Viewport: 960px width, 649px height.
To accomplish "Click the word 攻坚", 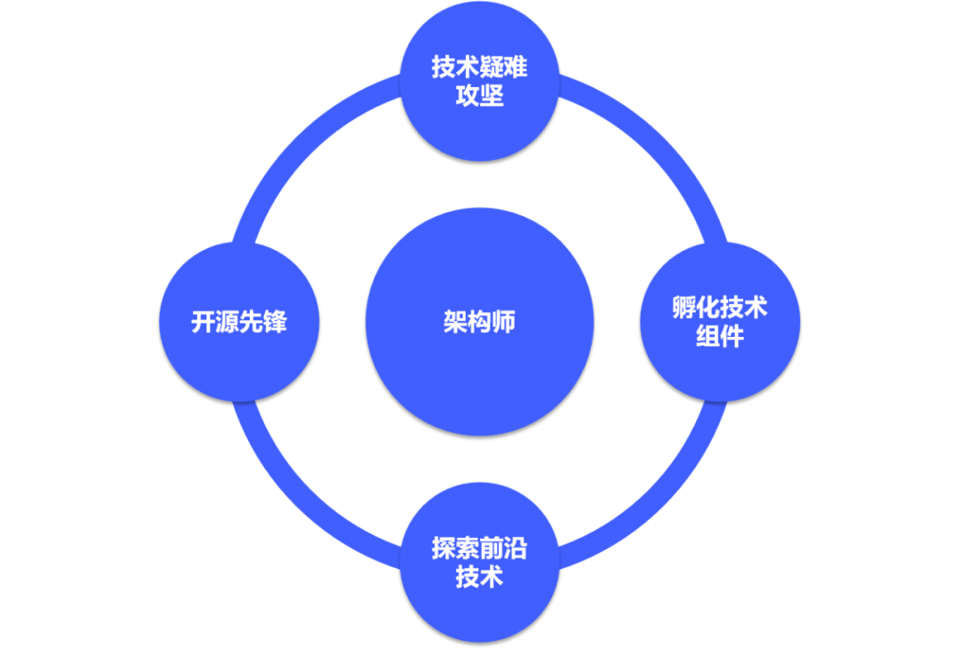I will [x=480, y=95].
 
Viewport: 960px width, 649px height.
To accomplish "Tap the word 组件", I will [x=720, y=338].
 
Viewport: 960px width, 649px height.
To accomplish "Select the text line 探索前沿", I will [x=480, y=549].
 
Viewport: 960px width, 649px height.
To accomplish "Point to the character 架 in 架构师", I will [x=455, y=322].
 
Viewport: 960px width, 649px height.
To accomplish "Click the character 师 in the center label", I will [x=504, y=322].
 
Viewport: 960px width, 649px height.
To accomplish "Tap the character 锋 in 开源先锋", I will [x=276, y=322].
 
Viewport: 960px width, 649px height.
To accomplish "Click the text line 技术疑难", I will [x=480, y=68].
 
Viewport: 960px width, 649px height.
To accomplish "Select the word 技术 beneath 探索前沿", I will [x=480, y=577].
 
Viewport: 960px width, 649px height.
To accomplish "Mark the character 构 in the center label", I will [x=480, y=322].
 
